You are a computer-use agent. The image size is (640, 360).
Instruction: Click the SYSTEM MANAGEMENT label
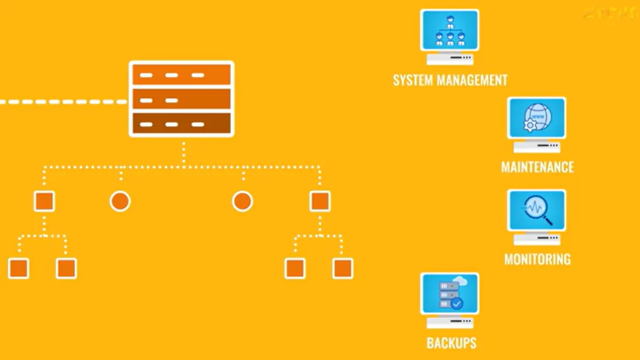tap(450, 80)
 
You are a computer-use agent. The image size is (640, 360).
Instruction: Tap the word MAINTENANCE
tap(537, 167)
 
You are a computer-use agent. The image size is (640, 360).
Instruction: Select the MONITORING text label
tap(537, 259)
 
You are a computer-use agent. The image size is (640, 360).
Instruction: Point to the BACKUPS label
tap(451, 344)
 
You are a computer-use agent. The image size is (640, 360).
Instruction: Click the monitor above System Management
tap(449, 31)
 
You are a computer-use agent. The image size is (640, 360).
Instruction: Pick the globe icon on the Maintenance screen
tap(536, 117)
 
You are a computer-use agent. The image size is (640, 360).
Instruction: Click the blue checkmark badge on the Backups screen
tap(457, 303)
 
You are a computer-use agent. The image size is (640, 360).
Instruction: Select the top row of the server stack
tap(181, 75)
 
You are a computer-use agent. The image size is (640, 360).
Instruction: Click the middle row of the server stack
tap(181, 100)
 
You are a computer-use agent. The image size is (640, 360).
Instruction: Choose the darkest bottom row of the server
tap(181, 124)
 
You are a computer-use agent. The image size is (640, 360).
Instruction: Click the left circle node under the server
tap(120, 201)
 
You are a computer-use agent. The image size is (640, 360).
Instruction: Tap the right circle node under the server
tap(242, 201)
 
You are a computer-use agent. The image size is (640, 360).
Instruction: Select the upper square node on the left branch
tap(44, 201)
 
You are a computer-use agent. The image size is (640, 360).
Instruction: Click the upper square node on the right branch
tap(320, 201)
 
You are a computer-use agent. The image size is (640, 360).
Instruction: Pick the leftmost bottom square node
tap(18, 269)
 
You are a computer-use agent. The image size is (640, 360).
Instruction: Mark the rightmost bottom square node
tap(343, 269)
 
